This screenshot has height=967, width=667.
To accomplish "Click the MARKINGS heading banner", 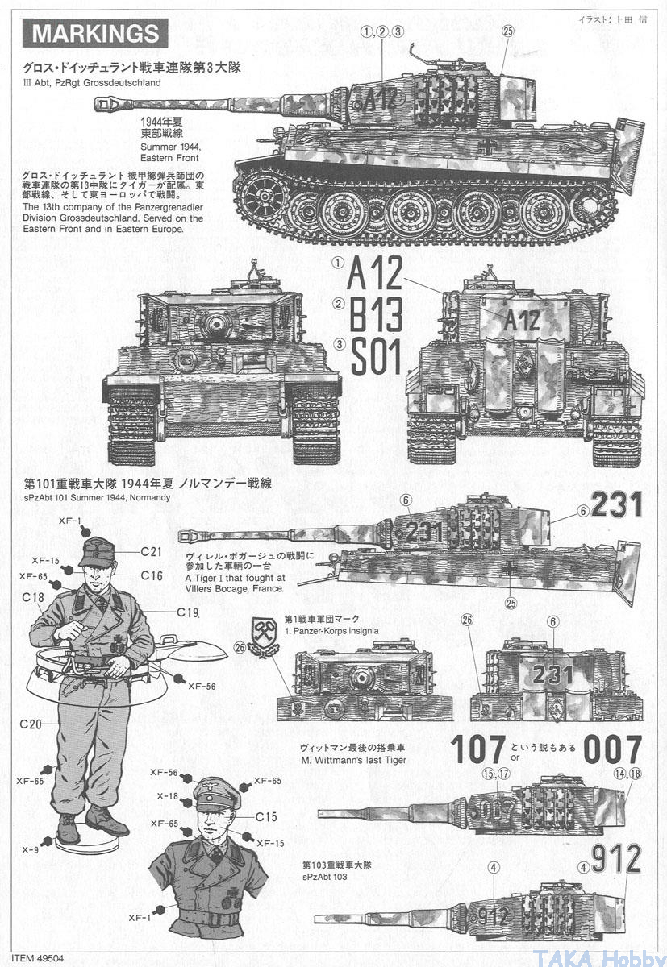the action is [x=95, y=33].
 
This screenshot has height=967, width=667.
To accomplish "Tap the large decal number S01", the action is [x=375, y=356].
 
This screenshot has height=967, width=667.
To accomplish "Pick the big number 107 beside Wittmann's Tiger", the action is [x=477, y=749].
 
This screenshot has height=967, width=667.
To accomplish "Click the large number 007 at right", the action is [x=613, y=749].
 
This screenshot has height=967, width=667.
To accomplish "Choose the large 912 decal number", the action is [x=616, y=859].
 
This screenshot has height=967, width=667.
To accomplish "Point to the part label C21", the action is [x=151, y=551].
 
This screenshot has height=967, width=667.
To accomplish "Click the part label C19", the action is [x=187, y=612].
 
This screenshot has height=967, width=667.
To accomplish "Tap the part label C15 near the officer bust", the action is [x=266, y=817].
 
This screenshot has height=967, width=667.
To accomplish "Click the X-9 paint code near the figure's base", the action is [x=30, y=850].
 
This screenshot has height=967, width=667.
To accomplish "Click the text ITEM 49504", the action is [x=38, y=958].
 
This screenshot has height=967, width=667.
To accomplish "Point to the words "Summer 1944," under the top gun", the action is [x=171, y=147].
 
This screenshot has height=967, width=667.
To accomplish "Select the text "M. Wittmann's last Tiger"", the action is [x=354, y=759].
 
